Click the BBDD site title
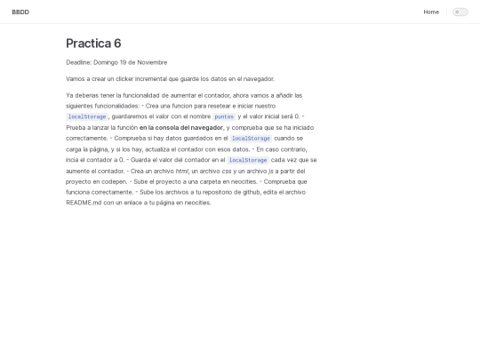coord(20,12)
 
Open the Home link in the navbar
coord(431,12)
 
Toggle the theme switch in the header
coord(460,12)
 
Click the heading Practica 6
coord(93,44)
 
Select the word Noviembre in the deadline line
coord(151,62)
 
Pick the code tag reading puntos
coord(224,116)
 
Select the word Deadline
coord(78,62)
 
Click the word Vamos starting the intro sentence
coord(76,78)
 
